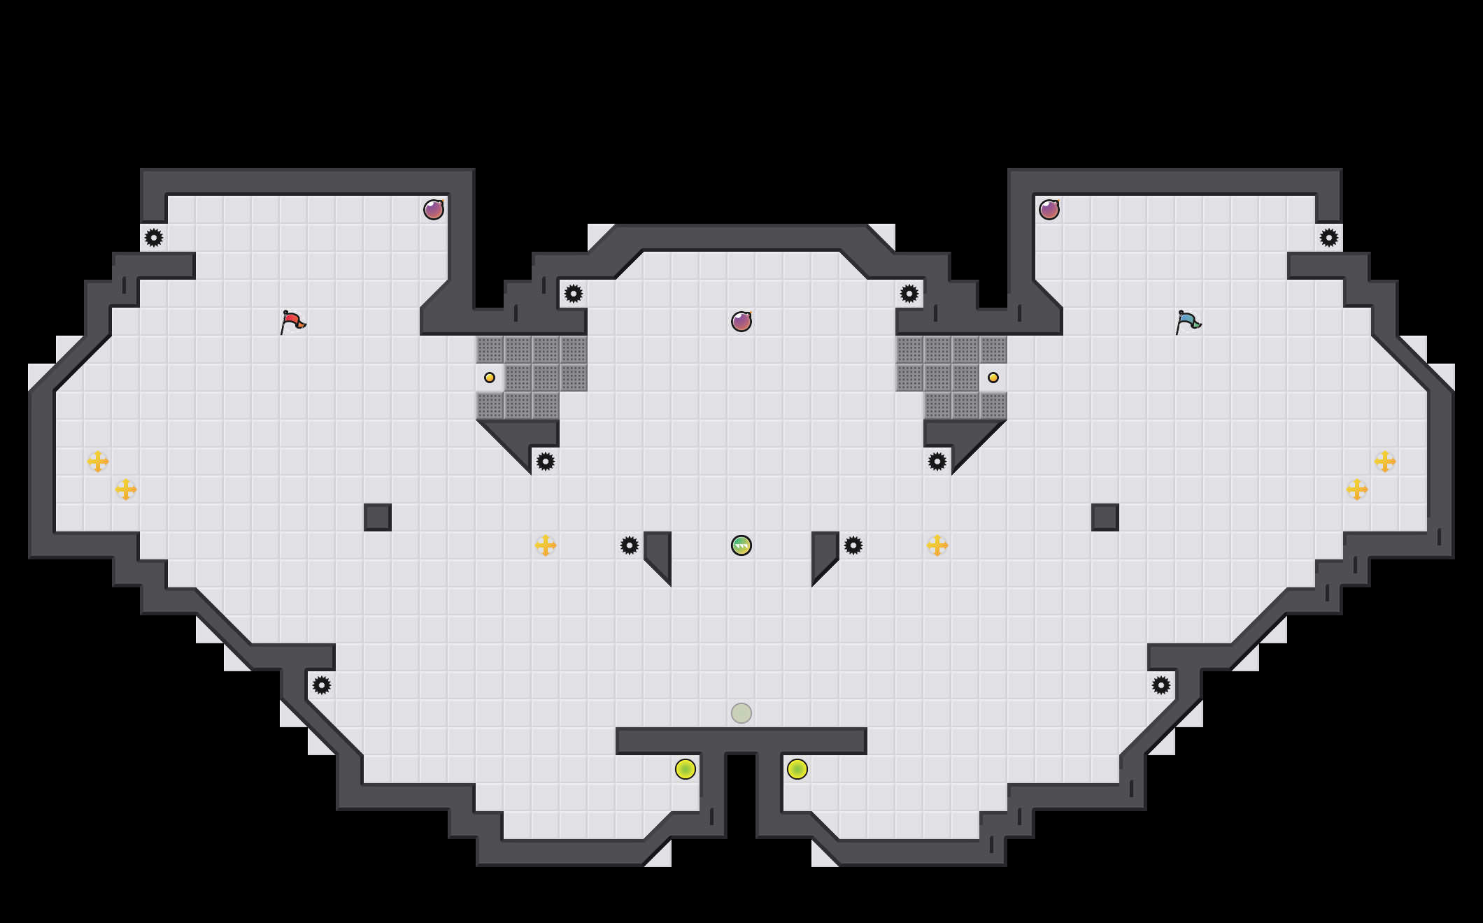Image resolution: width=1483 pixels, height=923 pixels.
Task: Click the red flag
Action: click(292, 322)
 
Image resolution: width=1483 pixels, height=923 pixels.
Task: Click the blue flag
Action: click(1188, 322)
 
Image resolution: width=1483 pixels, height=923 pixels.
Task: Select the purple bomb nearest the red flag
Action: click(434, 210)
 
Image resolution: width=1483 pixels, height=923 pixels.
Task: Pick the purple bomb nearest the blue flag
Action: click(1049, 210)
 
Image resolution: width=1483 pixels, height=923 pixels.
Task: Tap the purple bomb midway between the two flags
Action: click(741, 322)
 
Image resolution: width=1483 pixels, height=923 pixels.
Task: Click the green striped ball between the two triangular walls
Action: click(741, 545)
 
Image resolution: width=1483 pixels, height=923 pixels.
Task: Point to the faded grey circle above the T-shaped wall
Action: click(741, 713)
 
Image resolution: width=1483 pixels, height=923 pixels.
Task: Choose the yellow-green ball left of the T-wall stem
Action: click(686, 769)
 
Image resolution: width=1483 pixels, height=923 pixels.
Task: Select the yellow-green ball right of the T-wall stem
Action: click(797, 769)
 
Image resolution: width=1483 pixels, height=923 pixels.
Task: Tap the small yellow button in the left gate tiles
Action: click(490, 378)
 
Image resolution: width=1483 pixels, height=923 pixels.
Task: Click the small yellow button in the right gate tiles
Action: click(993, 378)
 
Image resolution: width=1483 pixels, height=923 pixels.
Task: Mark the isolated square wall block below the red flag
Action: click(378, 517)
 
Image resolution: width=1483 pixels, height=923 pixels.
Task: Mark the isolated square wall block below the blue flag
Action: click(1105, 517)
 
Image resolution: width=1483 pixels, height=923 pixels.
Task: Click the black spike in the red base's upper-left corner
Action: click(154, 238)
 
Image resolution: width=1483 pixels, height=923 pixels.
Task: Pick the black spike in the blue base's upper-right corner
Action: click(1329, 238)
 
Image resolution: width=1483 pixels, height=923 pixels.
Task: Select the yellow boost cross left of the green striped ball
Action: click(546, 545)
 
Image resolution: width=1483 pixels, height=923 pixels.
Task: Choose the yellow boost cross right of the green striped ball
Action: click(937, 545)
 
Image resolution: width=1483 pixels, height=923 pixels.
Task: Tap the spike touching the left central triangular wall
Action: click(630, 545)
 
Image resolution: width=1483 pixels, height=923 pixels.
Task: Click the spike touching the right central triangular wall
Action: click(853, 545)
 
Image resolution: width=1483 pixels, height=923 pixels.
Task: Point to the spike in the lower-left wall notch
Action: click(322, 685)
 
